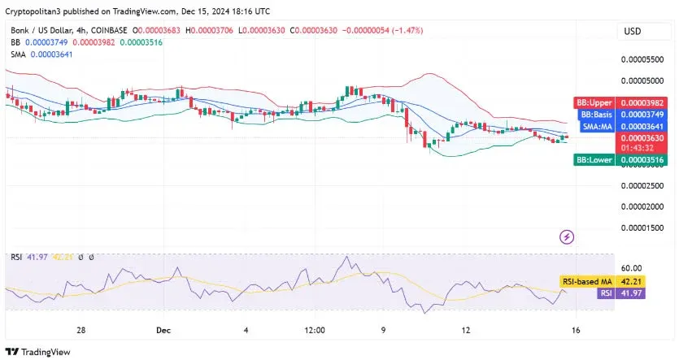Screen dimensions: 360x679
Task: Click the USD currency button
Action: coord(632,31)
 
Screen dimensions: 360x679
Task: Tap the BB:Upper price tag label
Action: coord(594,103)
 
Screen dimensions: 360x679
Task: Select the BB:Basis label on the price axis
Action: coord(595,115)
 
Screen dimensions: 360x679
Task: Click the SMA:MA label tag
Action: coord(596,127)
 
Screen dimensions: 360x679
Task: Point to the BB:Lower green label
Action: coord(594,161)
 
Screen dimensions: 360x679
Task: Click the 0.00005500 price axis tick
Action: coord(642,59)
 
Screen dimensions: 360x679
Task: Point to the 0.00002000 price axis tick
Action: coord(642,206)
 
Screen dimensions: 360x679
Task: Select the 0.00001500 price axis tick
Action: coord(642,228)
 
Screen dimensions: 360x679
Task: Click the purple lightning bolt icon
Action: coord(568,237)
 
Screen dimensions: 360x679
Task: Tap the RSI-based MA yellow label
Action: coord(587,281)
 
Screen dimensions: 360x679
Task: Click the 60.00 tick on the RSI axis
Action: coord(631,267)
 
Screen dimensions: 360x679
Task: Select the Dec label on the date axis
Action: coord(163,332)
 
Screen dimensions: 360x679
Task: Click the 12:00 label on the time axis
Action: coord(315,332)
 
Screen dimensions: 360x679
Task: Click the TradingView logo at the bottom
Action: coord(38,352)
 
